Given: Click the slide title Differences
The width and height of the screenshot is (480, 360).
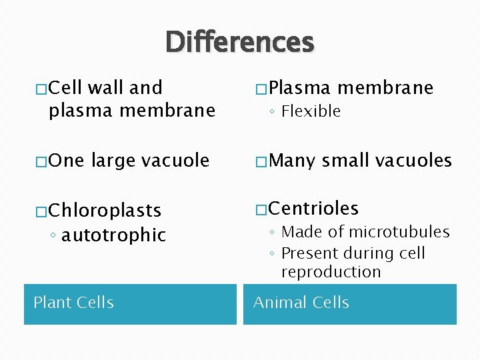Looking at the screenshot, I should click(240, 42).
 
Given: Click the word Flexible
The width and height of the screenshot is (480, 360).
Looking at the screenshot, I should click(311, 111).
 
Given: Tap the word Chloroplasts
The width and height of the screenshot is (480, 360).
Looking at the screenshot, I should click(105, 211).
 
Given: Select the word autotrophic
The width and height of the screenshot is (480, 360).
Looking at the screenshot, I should click(113, 235).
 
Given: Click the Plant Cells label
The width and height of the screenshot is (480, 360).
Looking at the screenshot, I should click(73, 303).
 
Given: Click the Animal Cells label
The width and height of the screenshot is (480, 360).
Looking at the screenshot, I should click(301, 303).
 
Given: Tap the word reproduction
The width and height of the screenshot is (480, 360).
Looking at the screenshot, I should click(331, 272).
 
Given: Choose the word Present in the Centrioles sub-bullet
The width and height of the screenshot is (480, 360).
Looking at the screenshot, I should click(309, 253).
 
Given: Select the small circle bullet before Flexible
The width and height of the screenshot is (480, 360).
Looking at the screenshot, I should click(273, 112).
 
